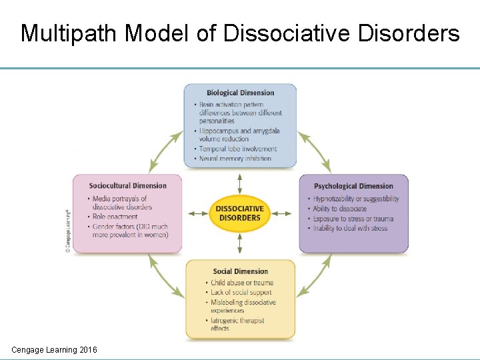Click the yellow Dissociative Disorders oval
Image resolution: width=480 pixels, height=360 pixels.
point(239,213)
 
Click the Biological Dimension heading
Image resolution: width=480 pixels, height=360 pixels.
point(240,93)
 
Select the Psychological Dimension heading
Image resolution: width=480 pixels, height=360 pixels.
point(353,186)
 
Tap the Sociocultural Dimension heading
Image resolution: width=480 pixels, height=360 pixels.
point(127,185)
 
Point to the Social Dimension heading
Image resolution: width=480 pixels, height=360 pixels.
point(240,271)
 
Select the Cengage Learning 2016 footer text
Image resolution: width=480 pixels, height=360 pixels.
point(54,349)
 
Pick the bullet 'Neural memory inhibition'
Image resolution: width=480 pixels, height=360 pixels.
point(235,159)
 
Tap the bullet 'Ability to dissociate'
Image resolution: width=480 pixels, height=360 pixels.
point(339,209)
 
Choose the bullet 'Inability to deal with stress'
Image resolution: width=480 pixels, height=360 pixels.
point(350,229)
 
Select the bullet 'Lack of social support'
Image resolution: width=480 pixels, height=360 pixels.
point(241,293)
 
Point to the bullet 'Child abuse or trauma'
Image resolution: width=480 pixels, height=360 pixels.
point(241,283)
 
